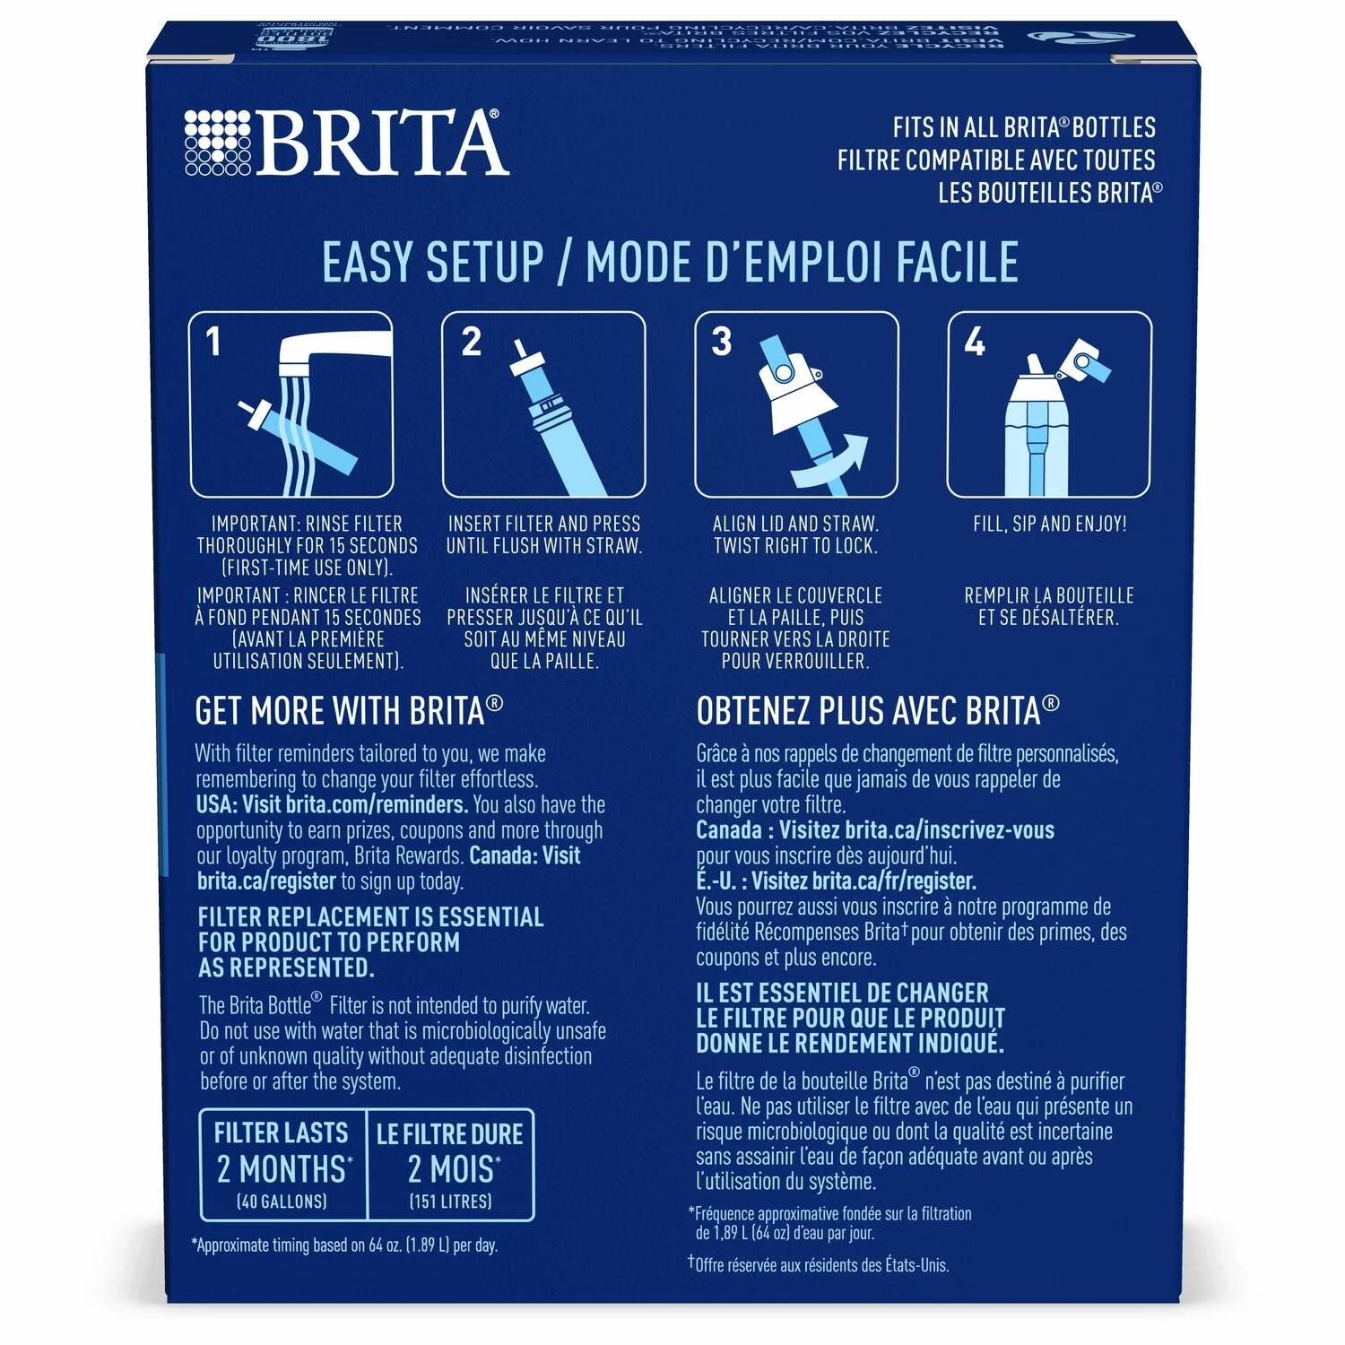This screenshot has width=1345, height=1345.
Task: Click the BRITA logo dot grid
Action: point(218,143)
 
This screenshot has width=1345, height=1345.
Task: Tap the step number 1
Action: point(213,342)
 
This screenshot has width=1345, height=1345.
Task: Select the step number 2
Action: point(471,342)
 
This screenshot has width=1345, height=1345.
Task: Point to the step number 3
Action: point(722,342)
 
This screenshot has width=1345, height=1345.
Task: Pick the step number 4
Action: point(975,342)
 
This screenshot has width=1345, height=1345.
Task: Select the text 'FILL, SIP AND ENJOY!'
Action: point(1050,524)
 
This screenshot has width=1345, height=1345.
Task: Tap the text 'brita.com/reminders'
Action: point(377,804)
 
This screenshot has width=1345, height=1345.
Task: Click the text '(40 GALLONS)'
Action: point(282,1202)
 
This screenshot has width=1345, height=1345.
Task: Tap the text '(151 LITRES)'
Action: point(450,1202)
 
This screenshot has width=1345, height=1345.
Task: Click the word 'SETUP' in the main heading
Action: point(484,263)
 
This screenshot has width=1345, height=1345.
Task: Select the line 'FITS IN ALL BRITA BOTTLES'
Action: point(1024,127)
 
